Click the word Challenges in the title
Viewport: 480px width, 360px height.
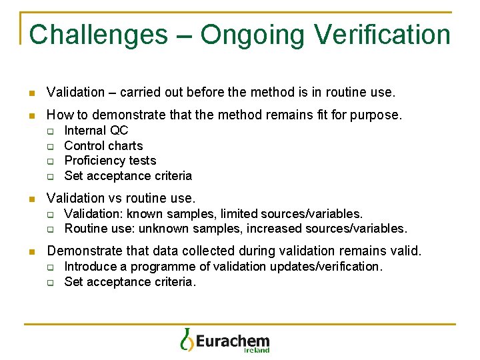click(x=98, y=35)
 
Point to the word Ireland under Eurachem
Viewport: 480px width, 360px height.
click(x=257, y=350)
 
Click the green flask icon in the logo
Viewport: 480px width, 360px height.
click(x=187, y=339)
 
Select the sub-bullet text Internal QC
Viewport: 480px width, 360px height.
click(x=96, y=131)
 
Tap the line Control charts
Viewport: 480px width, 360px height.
click(x=103, y=146)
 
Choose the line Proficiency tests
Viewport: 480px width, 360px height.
click(x=110, y=161)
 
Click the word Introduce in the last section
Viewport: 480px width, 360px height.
click(x=89, y=267)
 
